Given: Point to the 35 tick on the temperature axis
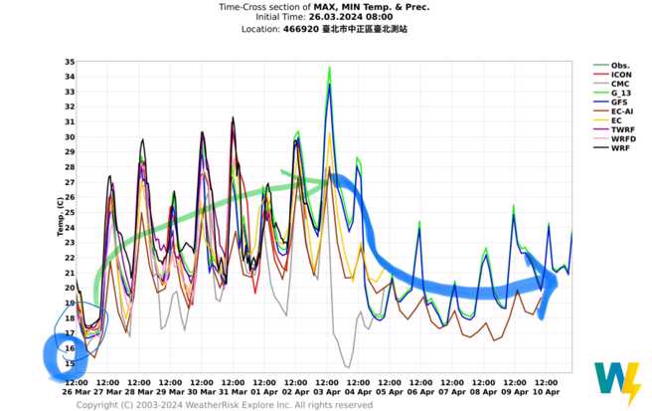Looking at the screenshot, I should pos(69,62).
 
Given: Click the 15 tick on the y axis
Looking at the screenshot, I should pos(69,363).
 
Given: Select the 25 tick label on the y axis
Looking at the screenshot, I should pos(69,212).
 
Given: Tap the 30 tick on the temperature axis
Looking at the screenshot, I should pos(69,137).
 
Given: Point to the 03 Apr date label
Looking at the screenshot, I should pos(328,390).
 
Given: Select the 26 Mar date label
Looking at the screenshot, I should pos(76,390).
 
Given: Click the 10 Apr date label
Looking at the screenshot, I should pos(547,390).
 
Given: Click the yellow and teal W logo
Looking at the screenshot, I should pos(617,382).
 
